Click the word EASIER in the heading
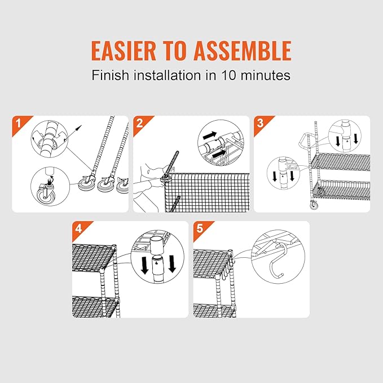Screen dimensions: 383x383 (x=124, y=51)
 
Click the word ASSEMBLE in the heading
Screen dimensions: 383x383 (x=243, y=51)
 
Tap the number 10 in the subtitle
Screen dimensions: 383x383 (x=228, y=75)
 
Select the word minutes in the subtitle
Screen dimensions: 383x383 (x=266, y=75)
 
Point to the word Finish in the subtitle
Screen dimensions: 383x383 (x=110, y=75)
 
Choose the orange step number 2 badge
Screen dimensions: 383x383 (x=141, y=123)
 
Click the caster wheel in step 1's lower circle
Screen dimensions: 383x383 (x=46, y=195)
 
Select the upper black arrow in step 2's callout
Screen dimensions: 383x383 (x=210, y=135)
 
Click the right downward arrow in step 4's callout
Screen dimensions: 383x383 (x=172, y=264)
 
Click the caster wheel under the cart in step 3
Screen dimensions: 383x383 (x=314, y=205)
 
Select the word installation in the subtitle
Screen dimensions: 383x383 (x=168, y=75)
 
